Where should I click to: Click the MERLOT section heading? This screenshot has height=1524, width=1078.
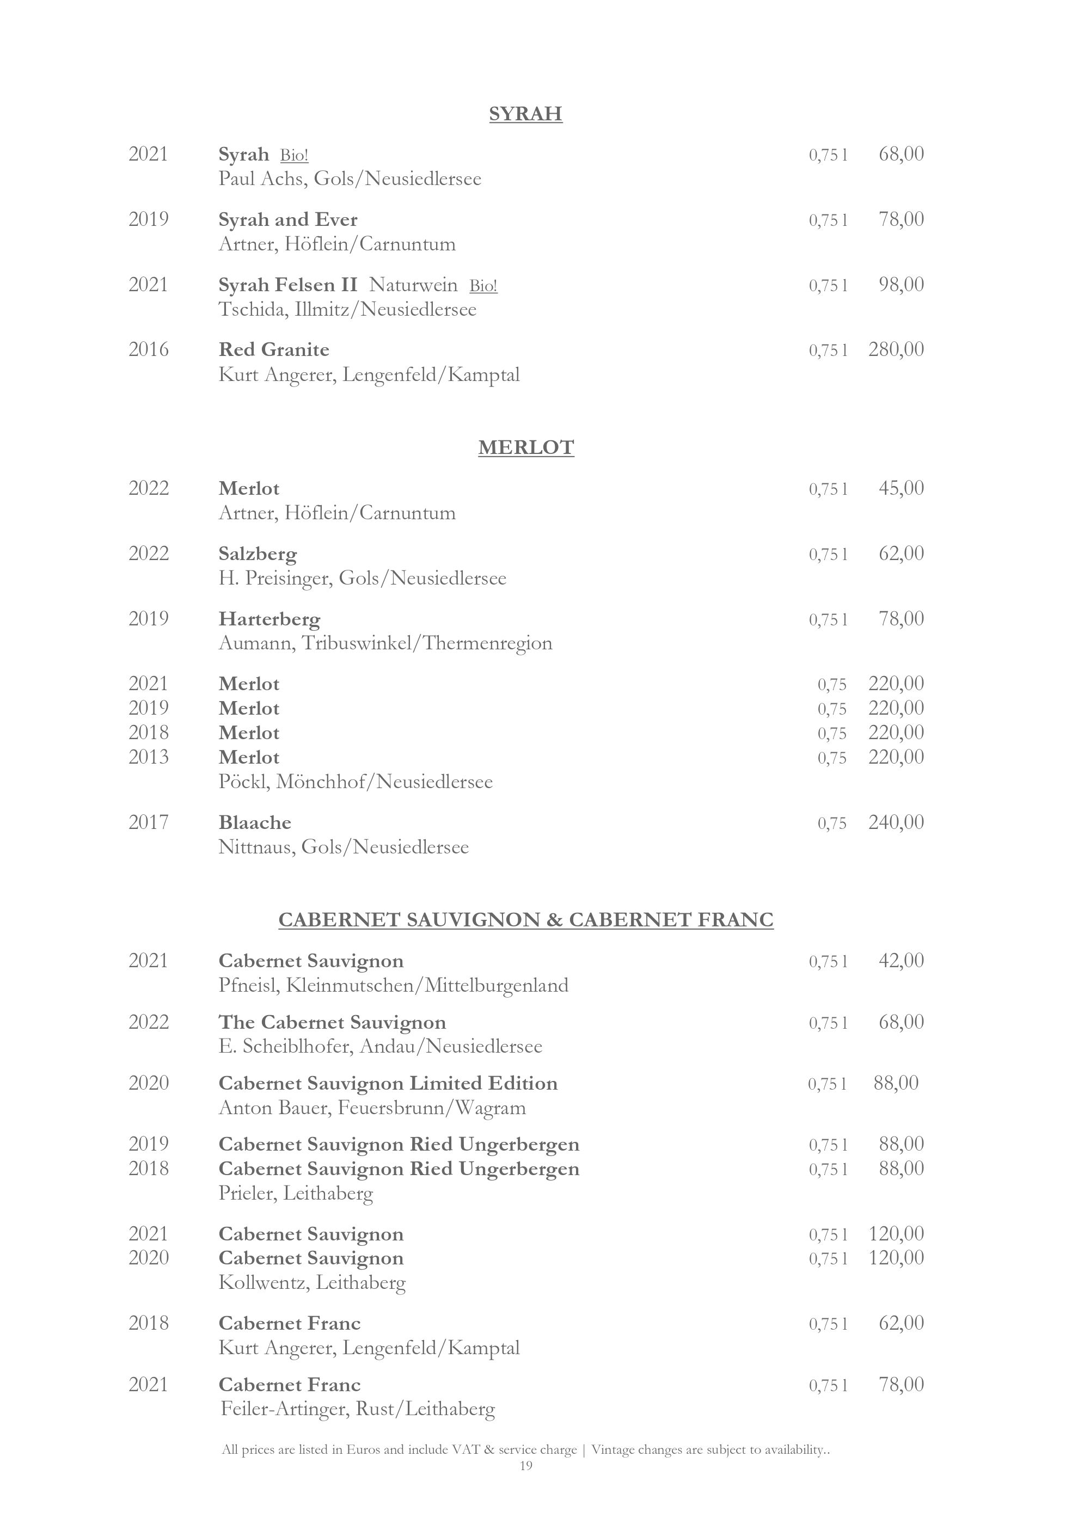(526, 448)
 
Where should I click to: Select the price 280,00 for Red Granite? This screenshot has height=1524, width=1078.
(896, 349)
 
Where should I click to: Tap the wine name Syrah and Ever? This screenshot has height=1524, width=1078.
(287, 220)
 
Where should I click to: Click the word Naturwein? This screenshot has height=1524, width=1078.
(413, 285)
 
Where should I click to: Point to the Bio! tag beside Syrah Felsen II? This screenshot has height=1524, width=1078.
(483, 286)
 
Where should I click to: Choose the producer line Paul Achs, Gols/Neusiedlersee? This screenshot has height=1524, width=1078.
(350, 179)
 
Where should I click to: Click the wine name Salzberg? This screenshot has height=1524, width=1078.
(258, 554)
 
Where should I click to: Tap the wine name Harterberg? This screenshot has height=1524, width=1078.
(269, 619)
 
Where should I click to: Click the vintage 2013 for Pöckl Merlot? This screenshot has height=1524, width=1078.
(148, 757)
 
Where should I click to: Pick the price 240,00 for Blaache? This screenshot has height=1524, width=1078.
(896, 822)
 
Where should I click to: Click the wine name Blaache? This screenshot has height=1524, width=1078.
(255, 823)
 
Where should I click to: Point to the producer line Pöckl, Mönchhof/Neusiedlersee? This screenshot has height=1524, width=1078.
(356, 782)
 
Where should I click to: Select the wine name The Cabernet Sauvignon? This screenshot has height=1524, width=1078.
(332, 1022)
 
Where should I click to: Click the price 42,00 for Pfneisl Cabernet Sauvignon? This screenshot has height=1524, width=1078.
(901, 961)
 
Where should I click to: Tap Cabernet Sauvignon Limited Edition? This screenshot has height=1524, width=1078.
(388, 1083)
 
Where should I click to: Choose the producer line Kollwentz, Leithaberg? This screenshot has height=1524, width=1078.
(312, 1282)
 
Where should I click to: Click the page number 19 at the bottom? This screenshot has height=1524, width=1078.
(526, 1466)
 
